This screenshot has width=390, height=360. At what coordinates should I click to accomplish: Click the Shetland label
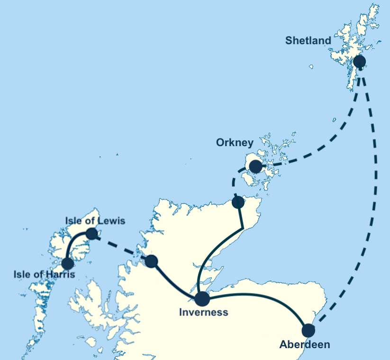click(308, 40)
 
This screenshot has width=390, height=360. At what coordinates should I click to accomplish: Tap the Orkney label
click(235, 142)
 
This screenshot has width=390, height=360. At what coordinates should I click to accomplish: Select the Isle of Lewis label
click(95, 221)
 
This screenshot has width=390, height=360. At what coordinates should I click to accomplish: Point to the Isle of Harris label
click(44, 274)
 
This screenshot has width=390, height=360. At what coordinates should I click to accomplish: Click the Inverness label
click(203, 312)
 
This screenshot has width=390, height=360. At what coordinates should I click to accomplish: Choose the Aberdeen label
click(305, 344)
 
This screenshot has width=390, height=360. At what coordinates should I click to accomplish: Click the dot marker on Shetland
click(360, 61)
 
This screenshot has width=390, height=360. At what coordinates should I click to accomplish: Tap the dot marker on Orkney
click(255, 166)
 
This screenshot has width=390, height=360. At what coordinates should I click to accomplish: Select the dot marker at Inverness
click(202, 299)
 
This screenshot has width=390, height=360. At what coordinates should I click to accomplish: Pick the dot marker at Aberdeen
click(308, 330)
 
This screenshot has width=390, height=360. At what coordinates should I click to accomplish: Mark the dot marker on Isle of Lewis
click(91, 233)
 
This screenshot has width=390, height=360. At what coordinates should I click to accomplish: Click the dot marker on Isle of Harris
click(68, 263)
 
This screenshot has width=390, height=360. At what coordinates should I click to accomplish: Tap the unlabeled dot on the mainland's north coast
click(238, 203)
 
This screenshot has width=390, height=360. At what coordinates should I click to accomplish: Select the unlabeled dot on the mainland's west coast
click(151, 261)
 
